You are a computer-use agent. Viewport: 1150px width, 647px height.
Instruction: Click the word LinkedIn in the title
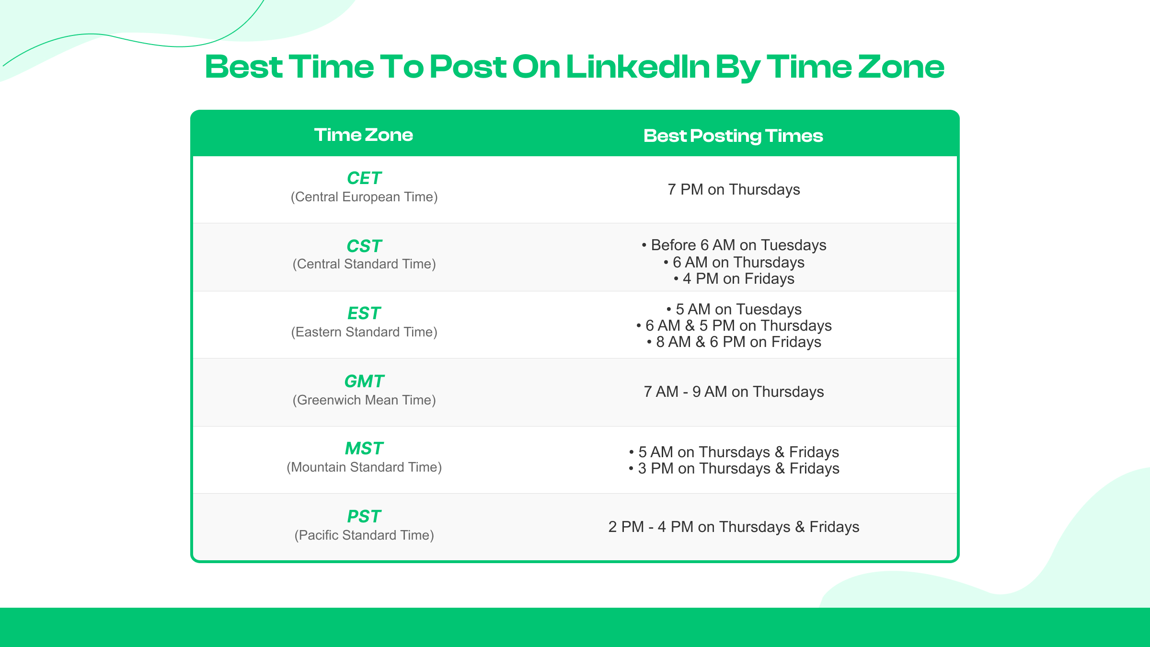637,67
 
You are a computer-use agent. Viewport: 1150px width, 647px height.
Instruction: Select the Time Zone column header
363,135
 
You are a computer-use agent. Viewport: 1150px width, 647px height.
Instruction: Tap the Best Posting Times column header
733,136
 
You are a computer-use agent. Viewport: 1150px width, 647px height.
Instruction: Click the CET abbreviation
364,178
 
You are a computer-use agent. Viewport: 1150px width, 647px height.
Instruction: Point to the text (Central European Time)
364,197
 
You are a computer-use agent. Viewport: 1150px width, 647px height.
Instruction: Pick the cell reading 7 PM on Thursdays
734,190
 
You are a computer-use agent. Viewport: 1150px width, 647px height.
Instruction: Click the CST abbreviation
364,246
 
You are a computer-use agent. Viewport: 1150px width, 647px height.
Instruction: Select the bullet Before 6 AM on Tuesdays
734,245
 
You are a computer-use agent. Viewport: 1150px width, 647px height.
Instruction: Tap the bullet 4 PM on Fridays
734,279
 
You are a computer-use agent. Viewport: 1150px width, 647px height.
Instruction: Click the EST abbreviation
364,313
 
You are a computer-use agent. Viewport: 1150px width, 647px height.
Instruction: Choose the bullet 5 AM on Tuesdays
734,310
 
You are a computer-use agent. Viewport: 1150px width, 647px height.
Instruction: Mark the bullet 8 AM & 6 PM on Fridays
734,342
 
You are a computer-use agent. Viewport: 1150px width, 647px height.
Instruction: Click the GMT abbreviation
364,381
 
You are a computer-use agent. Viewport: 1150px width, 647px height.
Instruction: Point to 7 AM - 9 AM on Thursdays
734,392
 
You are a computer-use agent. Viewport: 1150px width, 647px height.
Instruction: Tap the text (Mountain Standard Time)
364,467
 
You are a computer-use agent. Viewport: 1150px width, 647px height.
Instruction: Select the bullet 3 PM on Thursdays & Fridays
734,469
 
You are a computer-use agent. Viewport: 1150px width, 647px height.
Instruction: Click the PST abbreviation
364,517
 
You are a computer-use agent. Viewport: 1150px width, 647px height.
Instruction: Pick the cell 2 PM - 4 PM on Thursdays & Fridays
734,527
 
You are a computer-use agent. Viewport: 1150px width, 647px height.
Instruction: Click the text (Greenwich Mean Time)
364,400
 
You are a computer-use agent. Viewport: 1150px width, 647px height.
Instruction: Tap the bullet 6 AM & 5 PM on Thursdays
734,326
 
